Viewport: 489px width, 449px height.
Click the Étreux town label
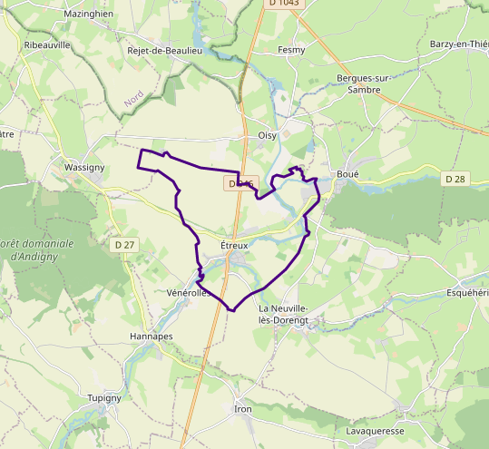pos(234,245)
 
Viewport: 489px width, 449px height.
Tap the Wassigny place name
pos(86,168)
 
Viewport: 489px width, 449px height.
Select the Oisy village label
pos(267,134)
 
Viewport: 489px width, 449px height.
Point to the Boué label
pos(347,173)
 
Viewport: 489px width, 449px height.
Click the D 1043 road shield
pos(284,5)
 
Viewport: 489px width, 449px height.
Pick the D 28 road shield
pos(455,180)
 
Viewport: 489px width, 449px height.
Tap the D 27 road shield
pos(124,245)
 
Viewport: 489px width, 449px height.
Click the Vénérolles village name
pos(189,293)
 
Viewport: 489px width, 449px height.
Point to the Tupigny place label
pos(104,398)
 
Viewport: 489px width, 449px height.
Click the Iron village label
pos(242,409)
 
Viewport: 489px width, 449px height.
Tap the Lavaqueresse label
pos(375,431)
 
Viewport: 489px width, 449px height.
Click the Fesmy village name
pos(291,50)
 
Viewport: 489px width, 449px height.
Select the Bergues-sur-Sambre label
pos(363,84)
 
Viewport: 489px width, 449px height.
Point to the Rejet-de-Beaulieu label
pos(164,51)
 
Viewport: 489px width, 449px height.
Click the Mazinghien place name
pos(89,15)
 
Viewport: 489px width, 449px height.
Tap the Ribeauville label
pos(47,44)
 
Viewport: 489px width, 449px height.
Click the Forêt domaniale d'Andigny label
pos(35,249)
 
